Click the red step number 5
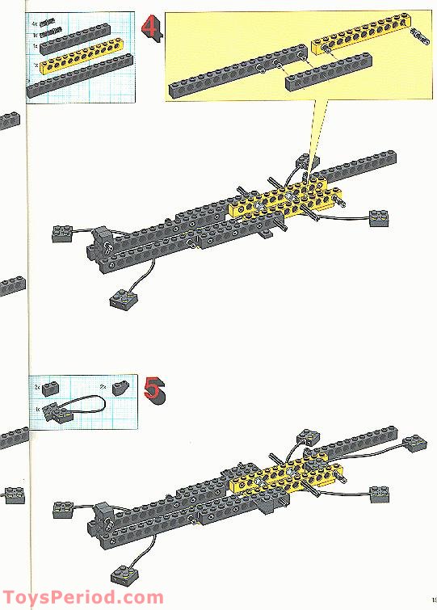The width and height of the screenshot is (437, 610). [x=152, y=389]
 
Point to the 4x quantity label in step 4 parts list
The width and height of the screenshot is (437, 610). [x=35, y=24]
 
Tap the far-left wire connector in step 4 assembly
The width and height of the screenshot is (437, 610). [x=61, y=233]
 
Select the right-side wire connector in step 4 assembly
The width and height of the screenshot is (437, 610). [x=379, y=217]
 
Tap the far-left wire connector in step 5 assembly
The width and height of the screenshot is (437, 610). [x=65, y=509]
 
